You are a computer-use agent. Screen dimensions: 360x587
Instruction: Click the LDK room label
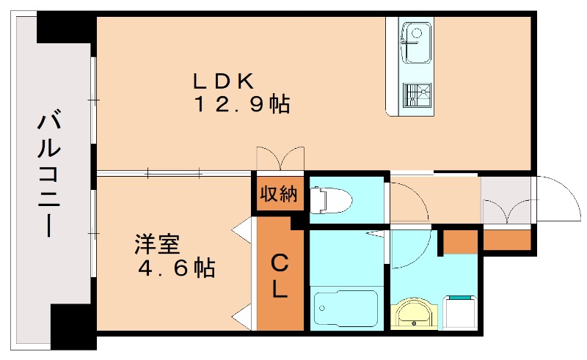[x=223, y=79]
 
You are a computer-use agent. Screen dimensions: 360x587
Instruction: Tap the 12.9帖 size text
[x=241, y=105]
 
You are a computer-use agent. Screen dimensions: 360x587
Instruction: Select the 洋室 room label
[x=157, y=243]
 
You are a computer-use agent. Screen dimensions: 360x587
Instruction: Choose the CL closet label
[x=280, y=277]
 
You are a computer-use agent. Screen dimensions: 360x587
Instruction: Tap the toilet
[x=331, y=199]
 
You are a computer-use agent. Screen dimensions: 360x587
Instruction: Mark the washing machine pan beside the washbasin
[x=461, y=314]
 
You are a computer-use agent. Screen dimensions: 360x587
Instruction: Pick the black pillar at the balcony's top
[x=66, y=28]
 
